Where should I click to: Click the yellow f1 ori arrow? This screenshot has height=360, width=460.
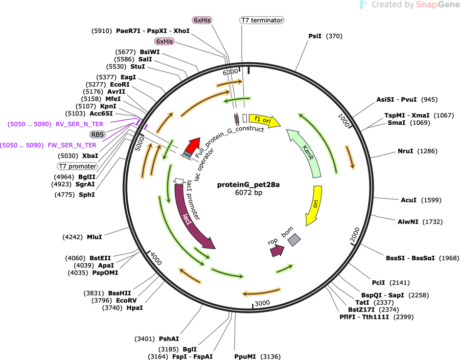[264, 120]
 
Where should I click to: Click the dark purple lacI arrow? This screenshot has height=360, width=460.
[191, 217]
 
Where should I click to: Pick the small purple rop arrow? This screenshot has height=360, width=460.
[276, 250]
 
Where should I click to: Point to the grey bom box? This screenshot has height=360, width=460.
[294, 240]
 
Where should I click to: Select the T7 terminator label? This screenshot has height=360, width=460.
[262, 20]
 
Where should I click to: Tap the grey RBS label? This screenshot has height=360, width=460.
[97, 135]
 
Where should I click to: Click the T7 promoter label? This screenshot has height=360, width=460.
[77, 166]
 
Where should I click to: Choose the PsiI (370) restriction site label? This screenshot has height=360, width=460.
[325, 36]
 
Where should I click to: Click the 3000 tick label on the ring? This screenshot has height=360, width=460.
[262, 303]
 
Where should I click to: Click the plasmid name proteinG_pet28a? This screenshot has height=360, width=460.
[249, 185]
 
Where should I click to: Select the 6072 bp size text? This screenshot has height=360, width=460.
[249, 193]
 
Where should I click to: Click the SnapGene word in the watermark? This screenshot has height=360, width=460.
[437, 4]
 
